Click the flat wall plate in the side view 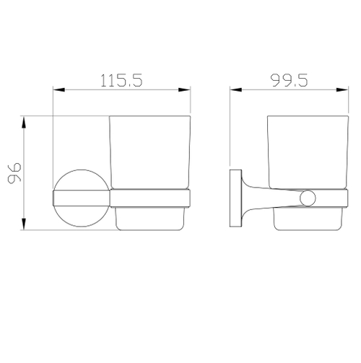pos(235,198)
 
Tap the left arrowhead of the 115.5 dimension pos(58,90)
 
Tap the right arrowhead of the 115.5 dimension pos(186,90)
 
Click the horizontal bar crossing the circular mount pos(79,197)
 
